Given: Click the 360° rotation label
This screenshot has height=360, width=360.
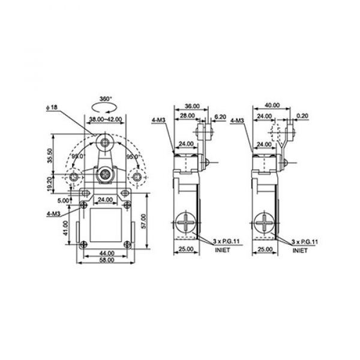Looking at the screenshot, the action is point(106,99).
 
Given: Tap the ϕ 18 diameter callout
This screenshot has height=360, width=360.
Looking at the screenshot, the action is point(52,107).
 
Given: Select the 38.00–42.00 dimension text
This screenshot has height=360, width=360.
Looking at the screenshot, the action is point(106,119).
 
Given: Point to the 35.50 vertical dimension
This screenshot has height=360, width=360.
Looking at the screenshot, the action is point(50,155).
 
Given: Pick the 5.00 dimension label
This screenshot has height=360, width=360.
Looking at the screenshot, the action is point(63,200).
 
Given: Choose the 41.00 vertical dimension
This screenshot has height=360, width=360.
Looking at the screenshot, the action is point(65,228).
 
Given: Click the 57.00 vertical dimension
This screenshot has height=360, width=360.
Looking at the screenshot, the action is point(143,221).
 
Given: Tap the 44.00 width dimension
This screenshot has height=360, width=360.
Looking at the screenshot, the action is point(107,253).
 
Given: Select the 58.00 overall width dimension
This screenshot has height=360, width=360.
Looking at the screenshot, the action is point(107,260).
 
